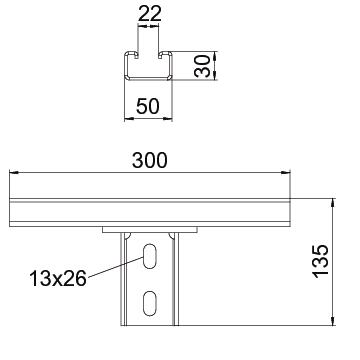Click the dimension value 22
point(149,14)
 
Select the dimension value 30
point(203,66)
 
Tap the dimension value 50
point(148,107)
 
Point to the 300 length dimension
point(149,160)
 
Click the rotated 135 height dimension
point(321,261)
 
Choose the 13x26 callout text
point(58,279)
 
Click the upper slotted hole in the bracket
point(149,256)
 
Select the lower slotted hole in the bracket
point(149,303)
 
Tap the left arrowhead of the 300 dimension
point(14,172)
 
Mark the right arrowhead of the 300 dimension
point(286,172)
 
